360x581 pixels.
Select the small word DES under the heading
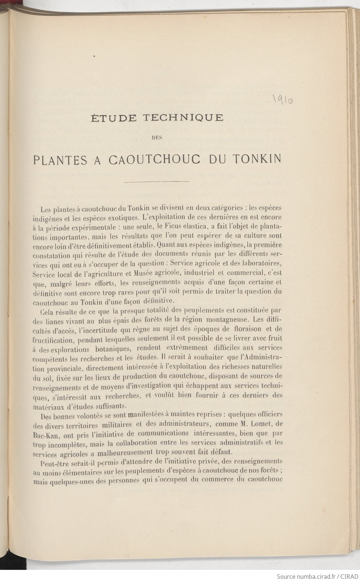click(157, 138)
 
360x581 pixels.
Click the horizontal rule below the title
click(157, 182)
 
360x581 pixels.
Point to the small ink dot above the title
click(95, 56)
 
